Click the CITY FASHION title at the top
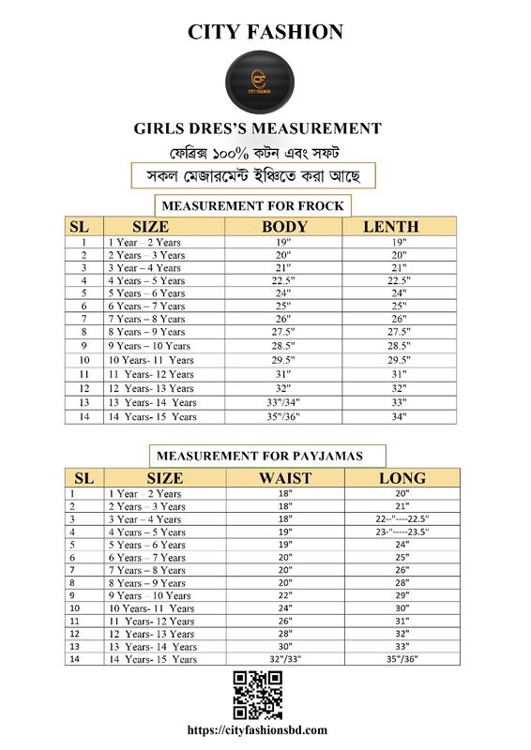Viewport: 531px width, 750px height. click(265, 33)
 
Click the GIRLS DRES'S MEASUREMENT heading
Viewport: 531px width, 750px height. click(258, 128)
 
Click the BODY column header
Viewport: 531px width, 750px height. click(284, 227)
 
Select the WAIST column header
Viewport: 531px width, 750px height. click(285, 478)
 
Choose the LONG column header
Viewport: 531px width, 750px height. click(402, 478)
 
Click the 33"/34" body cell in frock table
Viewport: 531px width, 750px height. click(283, 402)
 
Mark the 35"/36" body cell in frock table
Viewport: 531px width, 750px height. click(283, 416)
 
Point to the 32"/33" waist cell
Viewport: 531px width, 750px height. click(285, 659)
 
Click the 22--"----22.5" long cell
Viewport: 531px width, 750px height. click(402, 519)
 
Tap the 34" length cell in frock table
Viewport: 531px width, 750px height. click(399, 416)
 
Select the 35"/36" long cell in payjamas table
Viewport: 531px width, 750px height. click(402, 659)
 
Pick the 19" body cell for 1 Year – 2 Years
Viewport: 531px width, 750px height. click(283, 242)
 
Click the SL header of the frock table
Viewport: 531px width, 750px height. click(79, 227)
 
